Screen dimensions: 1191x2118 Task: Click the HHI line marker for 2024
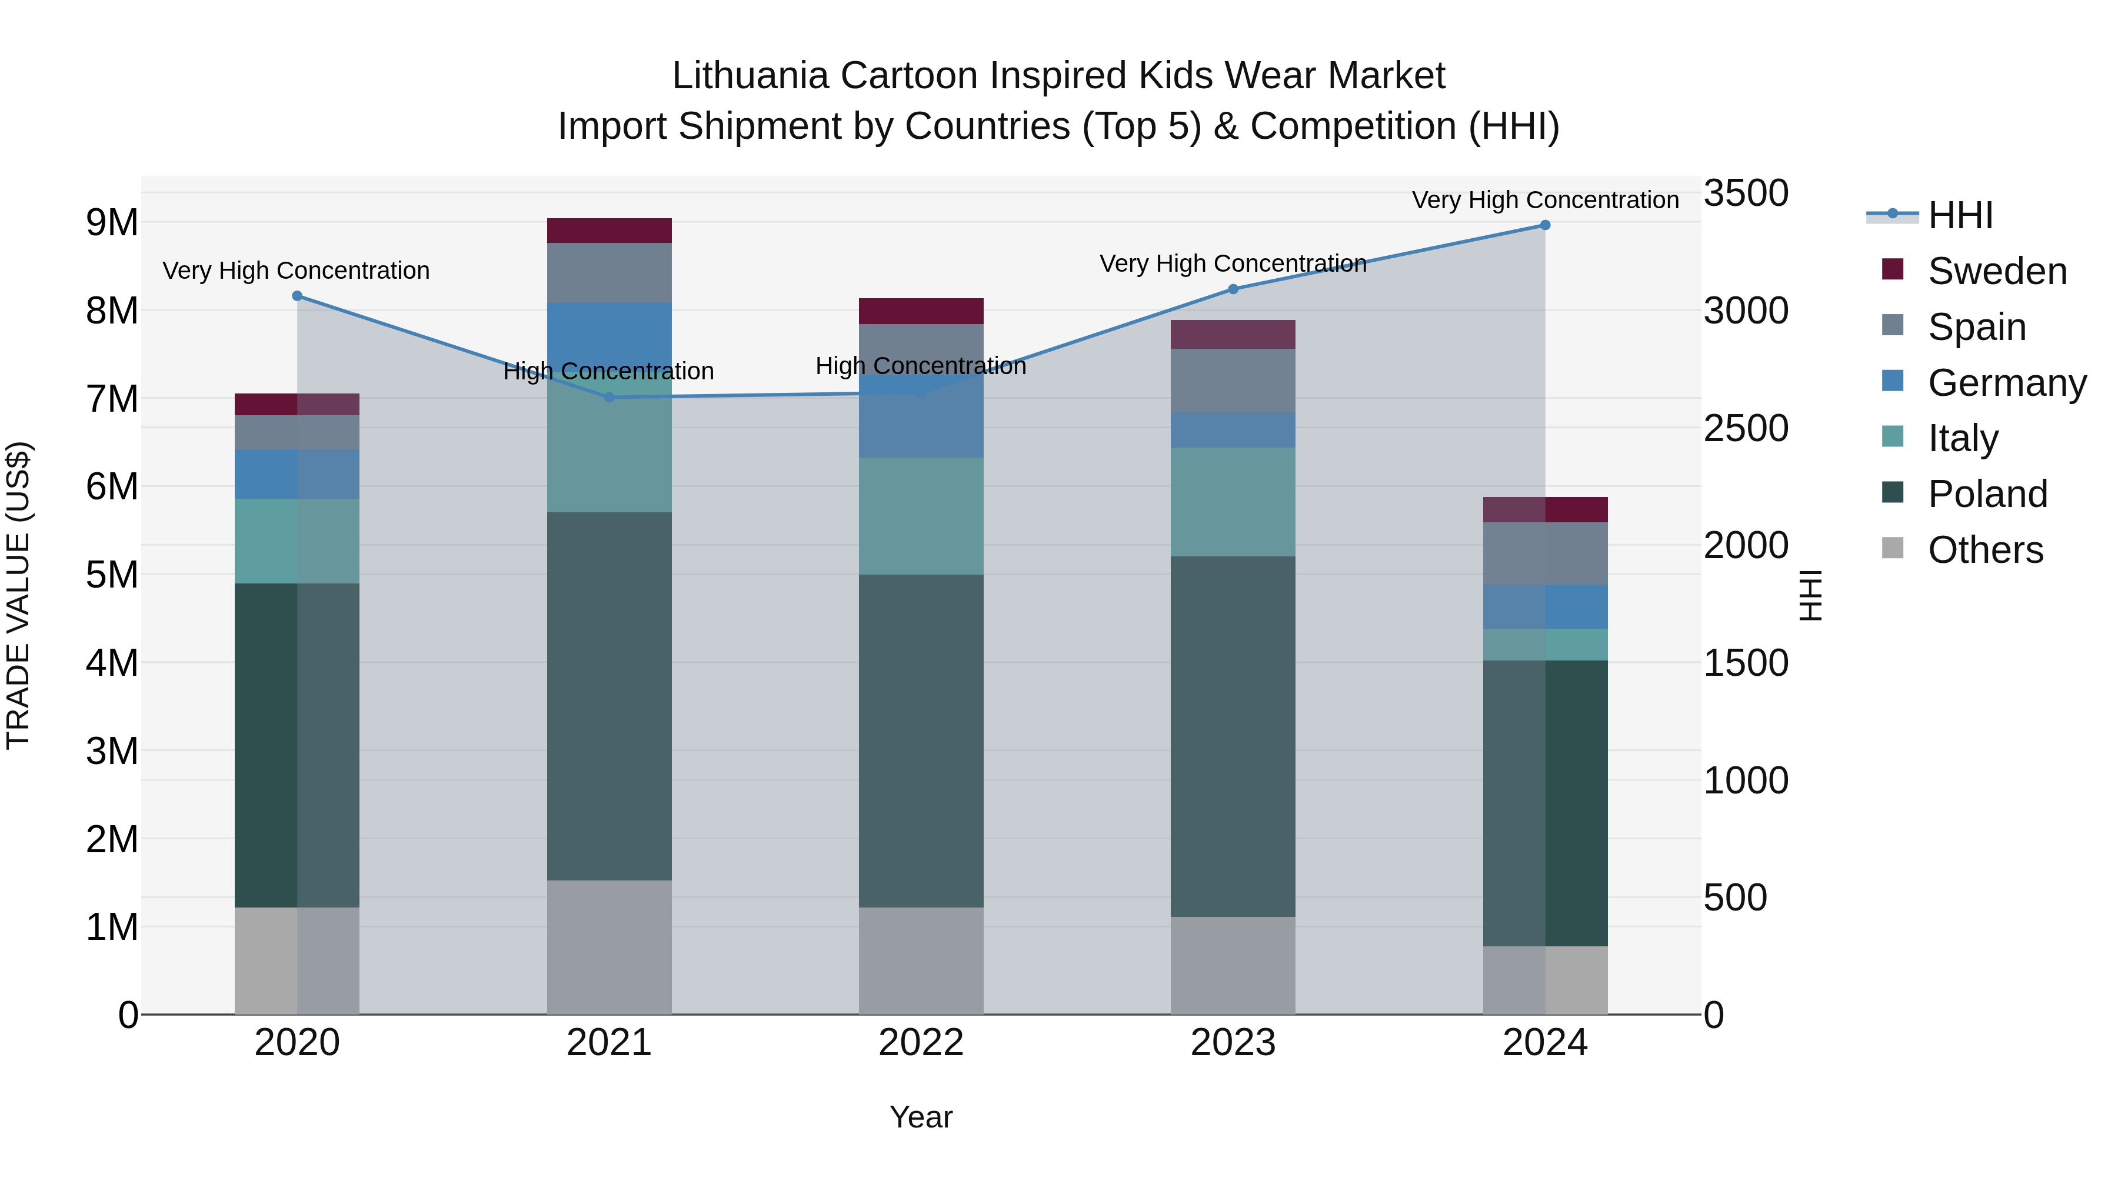[1545, 225]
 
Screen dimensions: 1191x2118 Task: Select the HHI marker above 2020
[298, 296]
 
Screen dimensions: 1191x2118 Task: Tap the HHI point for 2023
[1233, 289]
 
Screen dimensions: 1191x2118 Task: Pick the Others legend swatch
[1893, 548]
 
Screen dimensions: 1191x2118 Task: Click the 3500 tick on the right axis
[1745, 194]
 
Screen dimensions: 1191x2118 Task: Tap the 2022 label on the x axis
[921, 1043]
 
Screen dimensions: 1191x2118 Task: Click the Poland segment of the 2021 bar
[610, 696]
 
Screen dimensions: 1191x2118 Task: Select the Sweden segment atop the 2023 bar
[1233, 335]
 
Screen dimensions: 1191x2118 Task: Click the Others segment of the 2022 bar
[921, 961]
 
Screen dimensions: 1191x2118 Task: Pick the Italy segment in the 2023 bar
[1233, 502]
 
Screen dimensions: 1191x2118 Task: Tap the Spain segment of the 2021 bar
[610, 273]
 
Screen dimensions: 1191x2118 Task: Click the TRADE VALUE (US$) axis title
[18, 595]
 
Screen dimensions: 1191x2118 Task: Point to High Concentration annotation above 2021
[608, 372]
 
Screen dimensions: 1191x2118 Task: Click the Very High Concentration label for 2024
[1545, 200]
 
